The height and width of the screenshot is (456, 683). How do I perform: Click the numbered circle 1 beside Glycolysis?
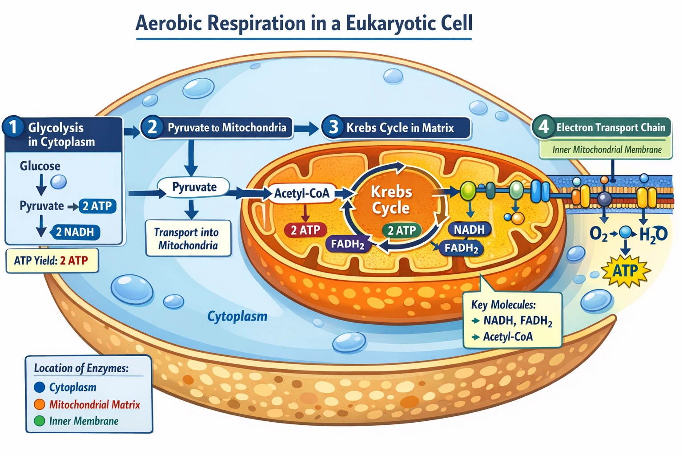(12, 127)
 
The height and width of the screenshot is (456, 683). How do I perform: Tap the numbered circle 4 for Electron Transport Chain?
(543, 127)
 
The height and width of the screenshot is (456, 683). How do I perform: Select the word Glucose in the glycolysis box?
(40, 166)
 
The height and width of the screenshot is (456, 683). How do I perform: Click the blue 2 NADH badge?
(75, 232)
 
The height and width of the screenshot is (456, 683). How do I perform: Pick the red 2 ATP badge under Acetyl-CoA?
(305, 230)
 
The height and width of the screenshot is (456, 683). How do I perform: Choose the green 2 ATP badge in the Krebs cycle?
(402, 230)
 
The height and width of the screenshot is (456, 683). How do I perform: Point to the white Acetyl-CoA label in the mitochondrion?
(301, 193)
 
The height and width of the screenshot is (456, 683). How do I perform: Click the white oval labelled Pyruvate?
(194, 187)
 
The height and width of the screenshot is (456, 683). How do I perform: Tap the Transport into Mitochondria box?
(188, 239)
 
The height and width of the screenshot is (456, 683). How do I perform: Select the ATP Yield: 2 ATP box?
(51, 261)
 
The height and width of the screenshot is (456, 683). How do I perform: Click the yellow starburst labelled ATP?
(625, 270)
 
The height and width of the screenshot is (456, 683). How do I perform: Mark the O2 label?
(598, 234)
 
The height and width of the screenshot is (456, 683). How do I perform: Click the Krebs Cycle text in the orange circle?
(391, 200)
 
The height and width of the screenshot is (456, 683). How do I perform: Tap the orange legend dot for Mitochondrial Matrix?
(40, 404)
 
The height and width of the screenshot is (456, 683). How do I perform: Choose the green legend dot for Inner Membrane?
(40, 421)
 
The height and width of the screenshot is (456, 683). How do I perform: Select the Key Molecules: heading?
(503, 305)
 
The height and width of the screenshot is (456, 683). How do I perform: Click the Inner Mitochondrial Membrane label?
(607, 150)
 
